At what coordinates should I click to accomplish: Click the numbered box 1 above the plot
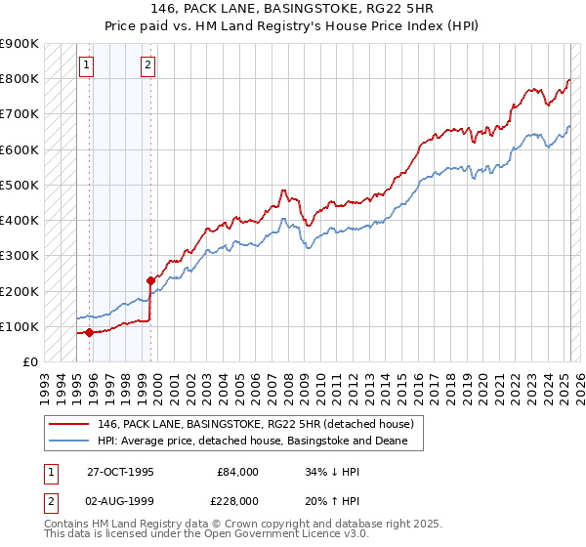click(87, 65)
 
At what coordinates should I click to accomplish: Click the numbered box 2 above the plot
click(147, 65)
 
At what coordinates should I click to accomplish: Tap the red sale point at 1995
click(89, 332)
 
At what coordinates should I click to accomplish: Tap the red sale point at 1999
click(151, 281)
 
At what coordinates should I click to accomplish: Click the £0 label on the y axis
click(30, 361)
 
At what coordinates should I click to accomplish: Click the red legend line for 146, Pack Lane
click(67, 424)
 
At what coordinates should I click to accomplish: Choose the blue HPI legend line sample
click(67, 442)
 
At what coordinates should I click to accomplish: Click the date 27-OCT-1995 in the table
click(120, 472)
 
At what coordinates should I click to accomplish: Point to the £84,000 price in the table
click(237, 472)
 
